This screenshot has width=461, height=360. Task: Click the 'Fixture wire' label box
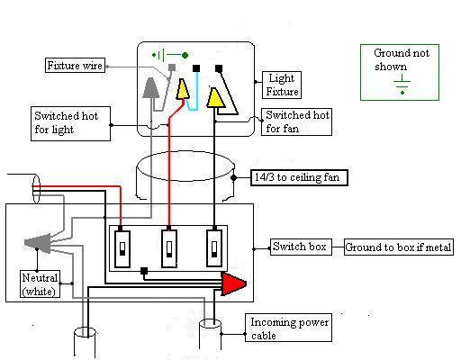tap(75, 66)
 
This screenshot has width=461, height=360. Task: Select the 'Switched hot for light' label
tap(70, 123)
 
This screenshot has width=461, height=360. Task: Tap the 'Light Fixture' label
tap(282, 85)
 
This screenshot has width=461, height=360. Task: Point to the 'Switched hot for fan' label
tap(296, 121)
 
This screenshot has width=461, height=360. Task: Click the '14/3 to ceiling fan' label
tap(299, 177)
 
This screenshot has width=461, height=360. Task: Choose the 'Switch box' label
tap(301, 247)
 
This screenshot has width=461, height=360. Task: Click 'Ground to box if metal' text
tap(398, 247)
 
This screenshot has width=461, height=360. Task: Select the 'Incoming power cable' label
tap(289, 328)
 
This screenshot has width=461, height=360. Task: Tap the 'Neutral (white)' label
tap(40, 283)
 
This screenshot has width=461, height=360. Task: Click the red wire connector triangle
tap(233, 283)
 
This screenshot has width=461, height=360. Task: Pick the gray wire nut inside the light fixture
tap(150, 88)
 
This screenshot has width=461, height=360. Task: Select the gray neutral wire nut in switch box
tap(38, 242)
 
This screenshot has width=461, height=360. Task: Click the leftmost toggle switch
tap(122, 248)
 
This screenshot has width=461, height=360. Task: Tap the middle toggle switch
tap(169, 248)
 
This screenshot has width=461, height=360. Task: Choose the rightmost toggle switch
tap(214, 248)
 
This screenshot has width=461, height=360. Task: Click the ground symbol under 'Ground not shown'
tap(402, 85)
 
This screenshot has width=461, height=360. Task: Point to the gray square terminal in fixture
tap(172, 67)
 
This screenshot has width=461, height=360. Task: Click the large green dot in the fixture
tap(185, 55)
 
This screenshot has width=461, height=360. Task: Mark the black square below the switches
tap(144, 271)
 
